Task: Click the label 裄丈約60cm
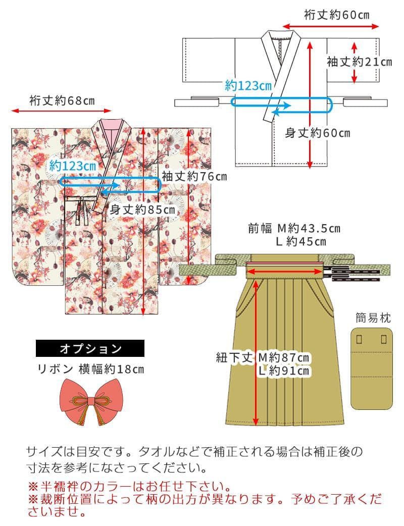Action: tap(336, 15)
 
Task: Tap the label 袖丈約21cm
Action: tap(359, 62)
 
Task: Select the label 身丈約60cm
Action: tap(318, 133)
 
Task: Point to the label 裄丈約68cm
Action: tap(62, 100)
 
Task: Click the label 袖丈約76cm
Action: tap(194, 176)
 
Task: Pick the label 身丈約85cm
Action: tap(142, 209)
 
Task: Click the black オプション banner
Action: tap(90, 348)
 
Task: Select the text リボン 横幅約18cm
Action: tap(91, 369)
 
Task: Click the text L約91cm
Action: tap(284, 371)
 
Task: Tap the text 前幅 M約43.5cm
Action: tap(294, 229)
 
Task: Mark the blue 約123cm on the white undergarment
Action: tap(248, 86)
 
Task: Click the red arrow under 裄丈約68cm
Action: tap(62, 110)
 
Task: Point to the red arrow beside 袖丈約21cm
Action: tap(355, 62)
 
